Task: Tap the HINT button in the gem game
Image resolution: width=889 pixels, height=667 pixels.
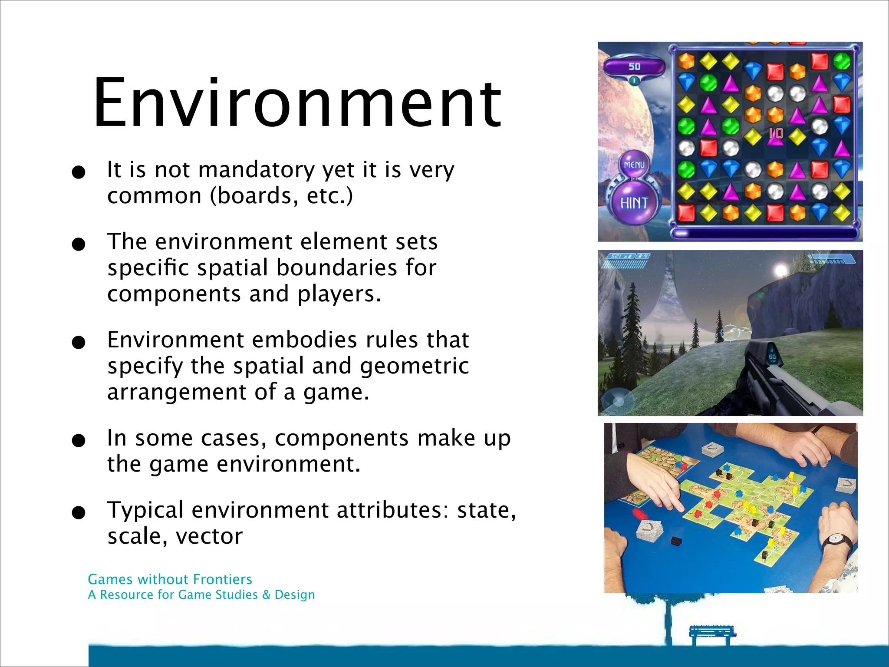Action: pyautogui.click(x=634, y=203)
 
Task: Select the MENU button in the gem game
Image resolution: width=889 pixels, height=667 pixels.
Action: pyautogui.click(x=634, y=165)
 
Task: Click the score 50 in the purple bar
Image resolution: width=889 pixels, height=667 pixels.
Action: pyautogui.click(x=634, y=66)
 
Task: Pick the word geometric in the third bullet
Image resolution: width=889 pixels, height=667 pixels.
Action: pyautogui.click(x=414, y=366)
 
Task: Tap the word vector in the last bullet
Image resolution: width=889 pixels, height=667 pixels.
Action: pyautogui.click(x=209, y=536)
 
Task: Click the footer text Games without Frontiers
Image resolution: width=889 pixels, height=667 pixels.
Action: pyautogui.click(x=170, y=579)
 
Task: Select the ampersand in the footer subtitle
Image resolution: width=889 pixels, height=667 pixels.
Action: pyautogui.click(x=266, y=595)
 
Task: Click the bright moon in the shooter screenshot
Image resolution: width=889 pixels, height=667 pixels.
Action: pyautogui.click(x=780, y=270)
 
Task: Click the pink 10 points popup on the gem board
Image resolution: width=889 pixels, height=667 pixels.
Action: pyautogui.click(x=776, y=133)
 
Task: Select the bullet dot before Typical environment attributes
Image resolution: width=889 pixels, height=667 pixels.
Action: pyautogui.click(x=79, y=513)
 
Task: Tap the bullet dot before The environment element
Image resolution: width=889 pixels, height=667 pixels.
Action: pyautogui.click(x=79, y=244)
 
